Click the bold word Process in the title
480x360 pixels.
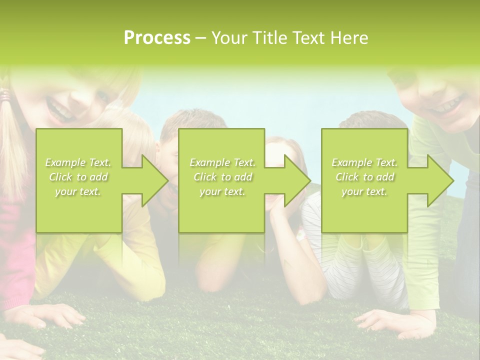pyautogui.click(x=157, y=38)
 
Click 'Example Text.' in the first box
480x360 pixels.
pyautogui.click(x=78, y=162)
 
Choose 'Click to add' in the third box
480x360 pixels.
pyautogui.click(x=364, y=177)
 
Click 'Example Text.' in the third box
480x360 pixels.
pyautogui.click(x=364, y=162)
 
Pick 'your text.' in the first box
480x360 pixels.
pyautogui.click(x=78, y=191)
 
